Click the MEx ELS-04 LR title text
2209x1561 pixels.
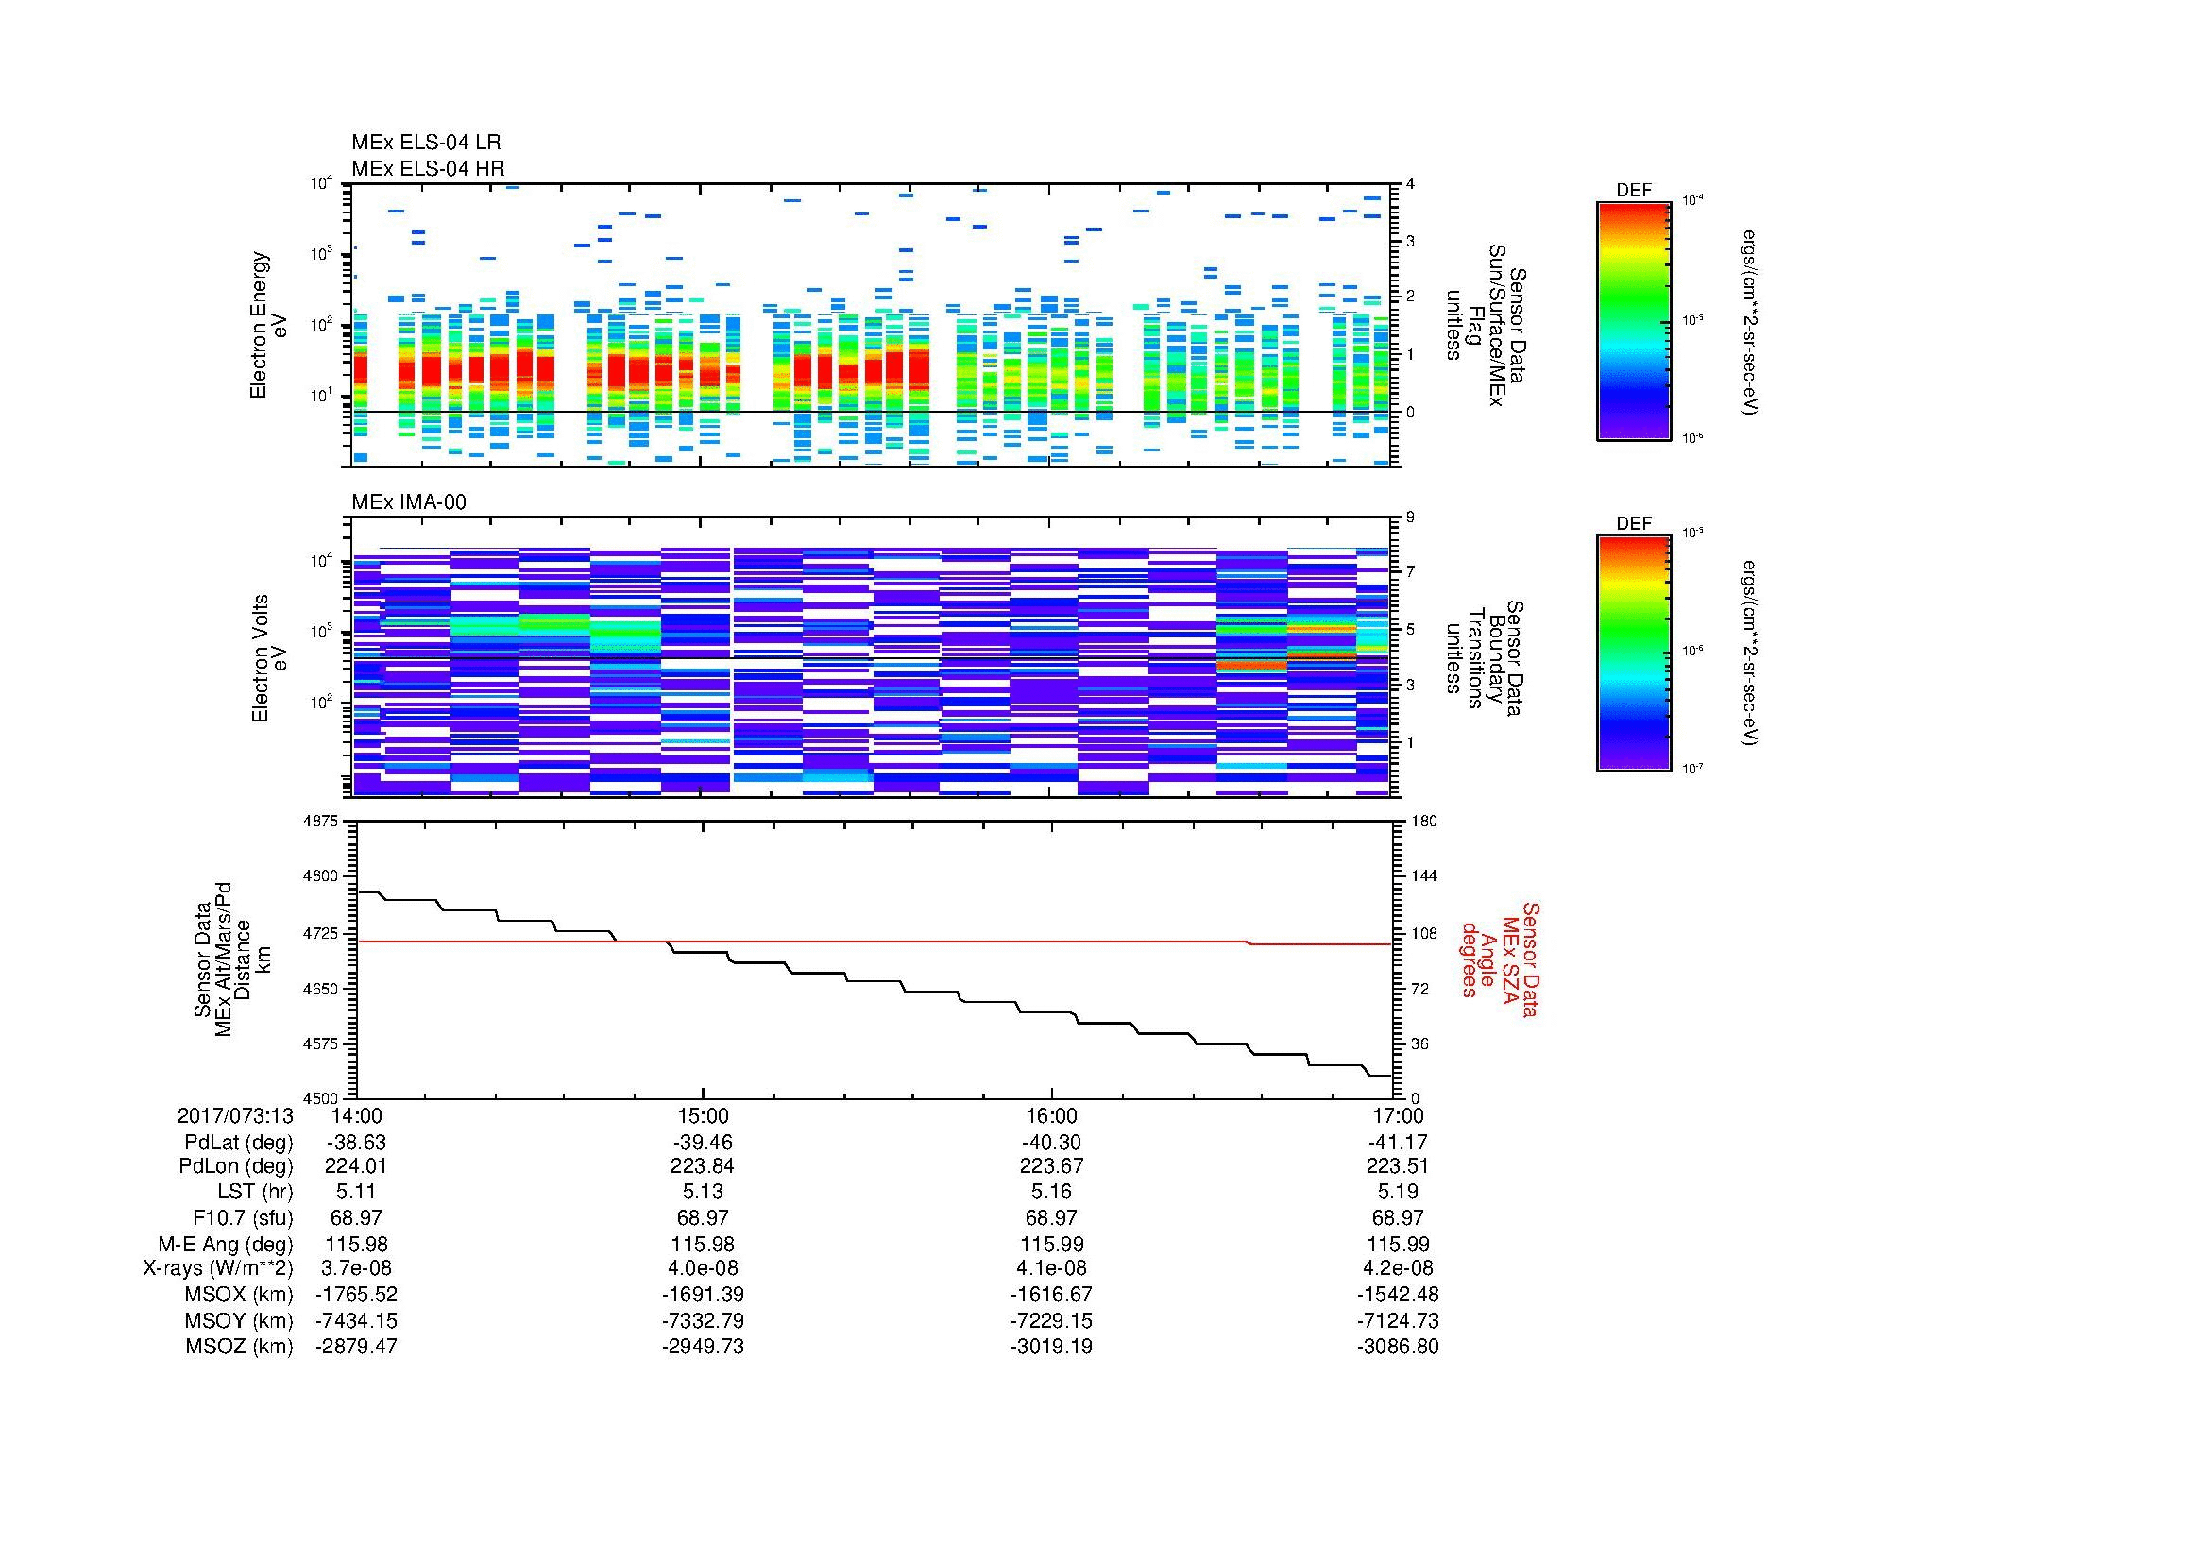(425, 143)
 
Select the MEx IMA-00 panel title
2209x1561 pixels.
(409, 502)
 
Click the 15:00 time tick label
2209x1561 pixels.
(704, 1115)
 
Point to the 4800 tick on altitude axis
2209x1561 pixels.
(319, 876)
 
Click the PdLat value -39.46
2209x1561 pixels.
(704, 1142)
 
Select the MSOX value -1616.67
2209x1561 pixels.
(1051, 1295)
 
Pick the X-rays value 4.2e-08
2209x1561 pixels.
(1399, 1268)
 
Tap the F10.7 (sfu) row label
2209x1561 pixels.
(241, 1217)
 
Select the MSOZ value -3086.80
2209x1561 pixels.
(1399, 1347)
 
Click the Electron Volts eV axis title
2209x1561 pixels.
(269, 659)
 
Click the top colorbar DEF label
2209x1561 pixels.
(1634, 191)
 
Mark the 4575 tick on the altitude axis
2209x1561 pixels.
(319, 1043)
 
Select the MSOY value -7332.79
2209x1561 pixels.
(704, 1320)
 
